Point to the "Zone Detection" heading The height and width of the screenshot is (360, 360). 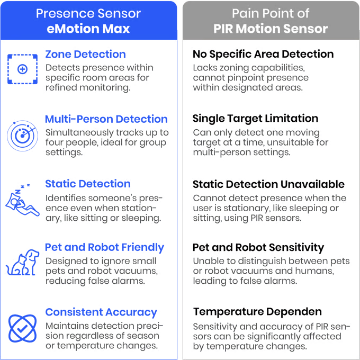(x=85, y=55)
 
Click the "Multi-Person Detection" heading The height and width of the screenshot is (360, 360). (x=106, y=118)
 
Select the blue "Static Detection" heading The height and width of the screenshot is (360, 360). (x=87, y=184)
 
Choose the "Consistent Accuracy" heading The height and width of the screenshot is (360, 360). (x=101, y=312)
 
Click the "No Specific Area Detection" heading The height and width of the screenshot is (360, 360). (x=263, y=55)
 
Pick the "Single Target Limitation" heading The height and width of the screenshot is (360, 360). (x=254, y=118)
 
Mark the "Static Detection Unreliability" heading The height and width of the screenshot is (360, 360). (x=269, y=184)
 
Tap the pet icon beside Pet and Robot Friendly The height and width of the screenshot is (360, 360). (x=22, y=263)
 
